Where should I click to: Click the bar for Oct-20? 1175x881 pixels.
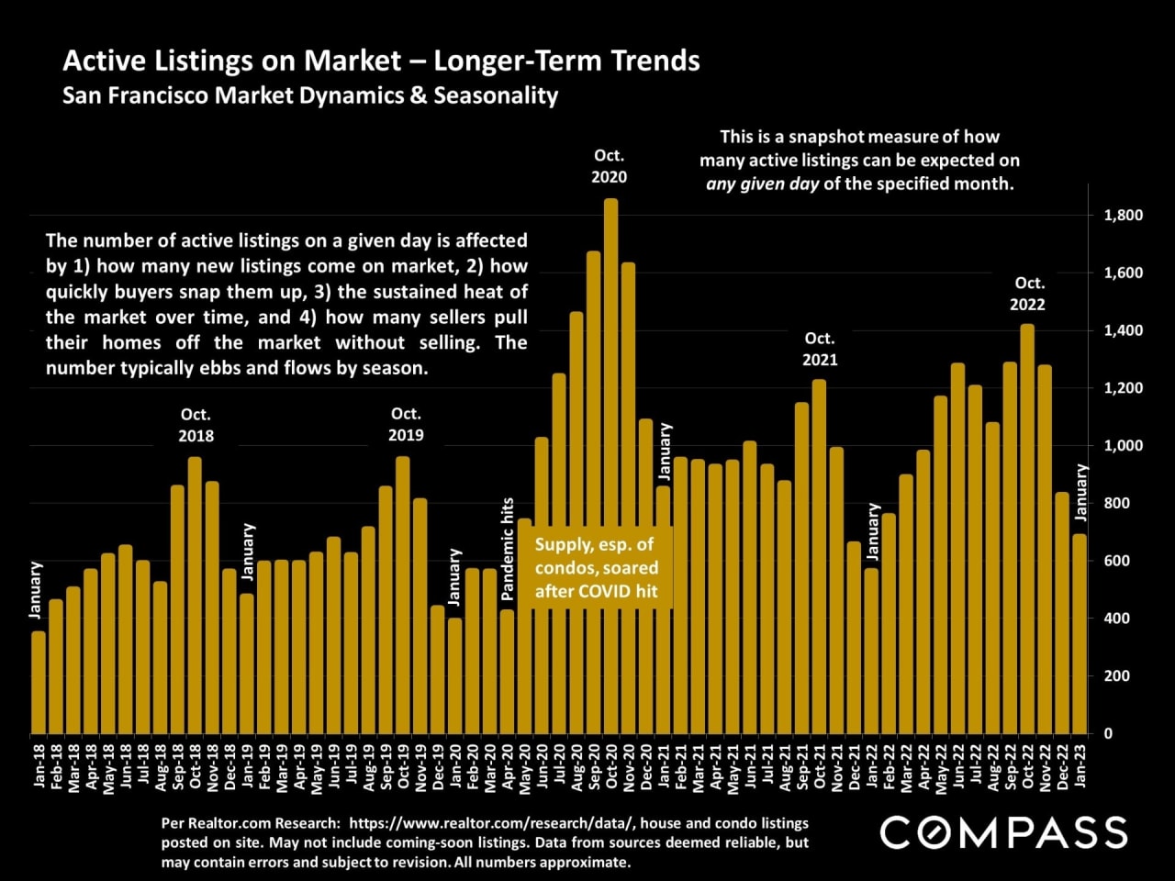point(610,468)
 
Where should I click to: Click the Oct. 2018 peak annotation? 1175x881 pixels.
point(196,425)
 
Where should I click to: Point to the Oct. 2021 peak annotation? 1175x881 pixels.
point(820,350)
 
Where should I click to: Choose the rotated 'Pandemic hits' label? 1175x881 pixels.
point(508,549)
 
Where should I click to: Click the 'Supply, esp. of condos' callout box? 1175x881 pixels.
point(597,567)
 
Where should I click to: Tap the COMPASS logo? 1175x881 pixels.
point(1003,832)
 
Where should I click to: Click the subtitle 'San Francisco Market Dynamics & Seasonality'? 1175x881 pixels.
point(310,95)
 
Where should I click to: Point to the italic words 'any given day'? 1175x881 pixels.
point(761,184)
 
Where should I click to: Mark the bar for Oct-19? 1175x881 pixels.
point(402,596)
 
